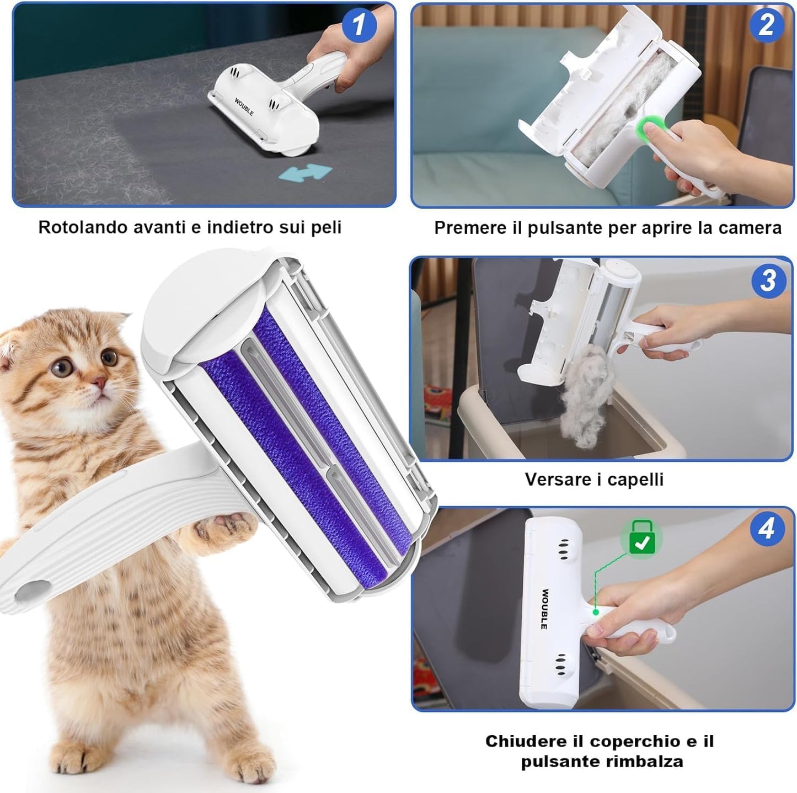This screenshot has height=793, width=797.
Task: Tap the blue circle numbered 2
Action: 766,24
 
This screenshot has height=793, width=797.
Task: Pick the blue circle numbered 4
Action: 767,529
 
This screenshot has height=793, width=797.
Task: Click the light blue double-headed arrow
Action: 305,173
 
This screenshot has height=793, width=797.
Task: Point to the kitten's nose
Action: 99,381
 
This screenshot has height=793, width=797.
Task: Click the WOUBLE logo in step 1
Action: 244,107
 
